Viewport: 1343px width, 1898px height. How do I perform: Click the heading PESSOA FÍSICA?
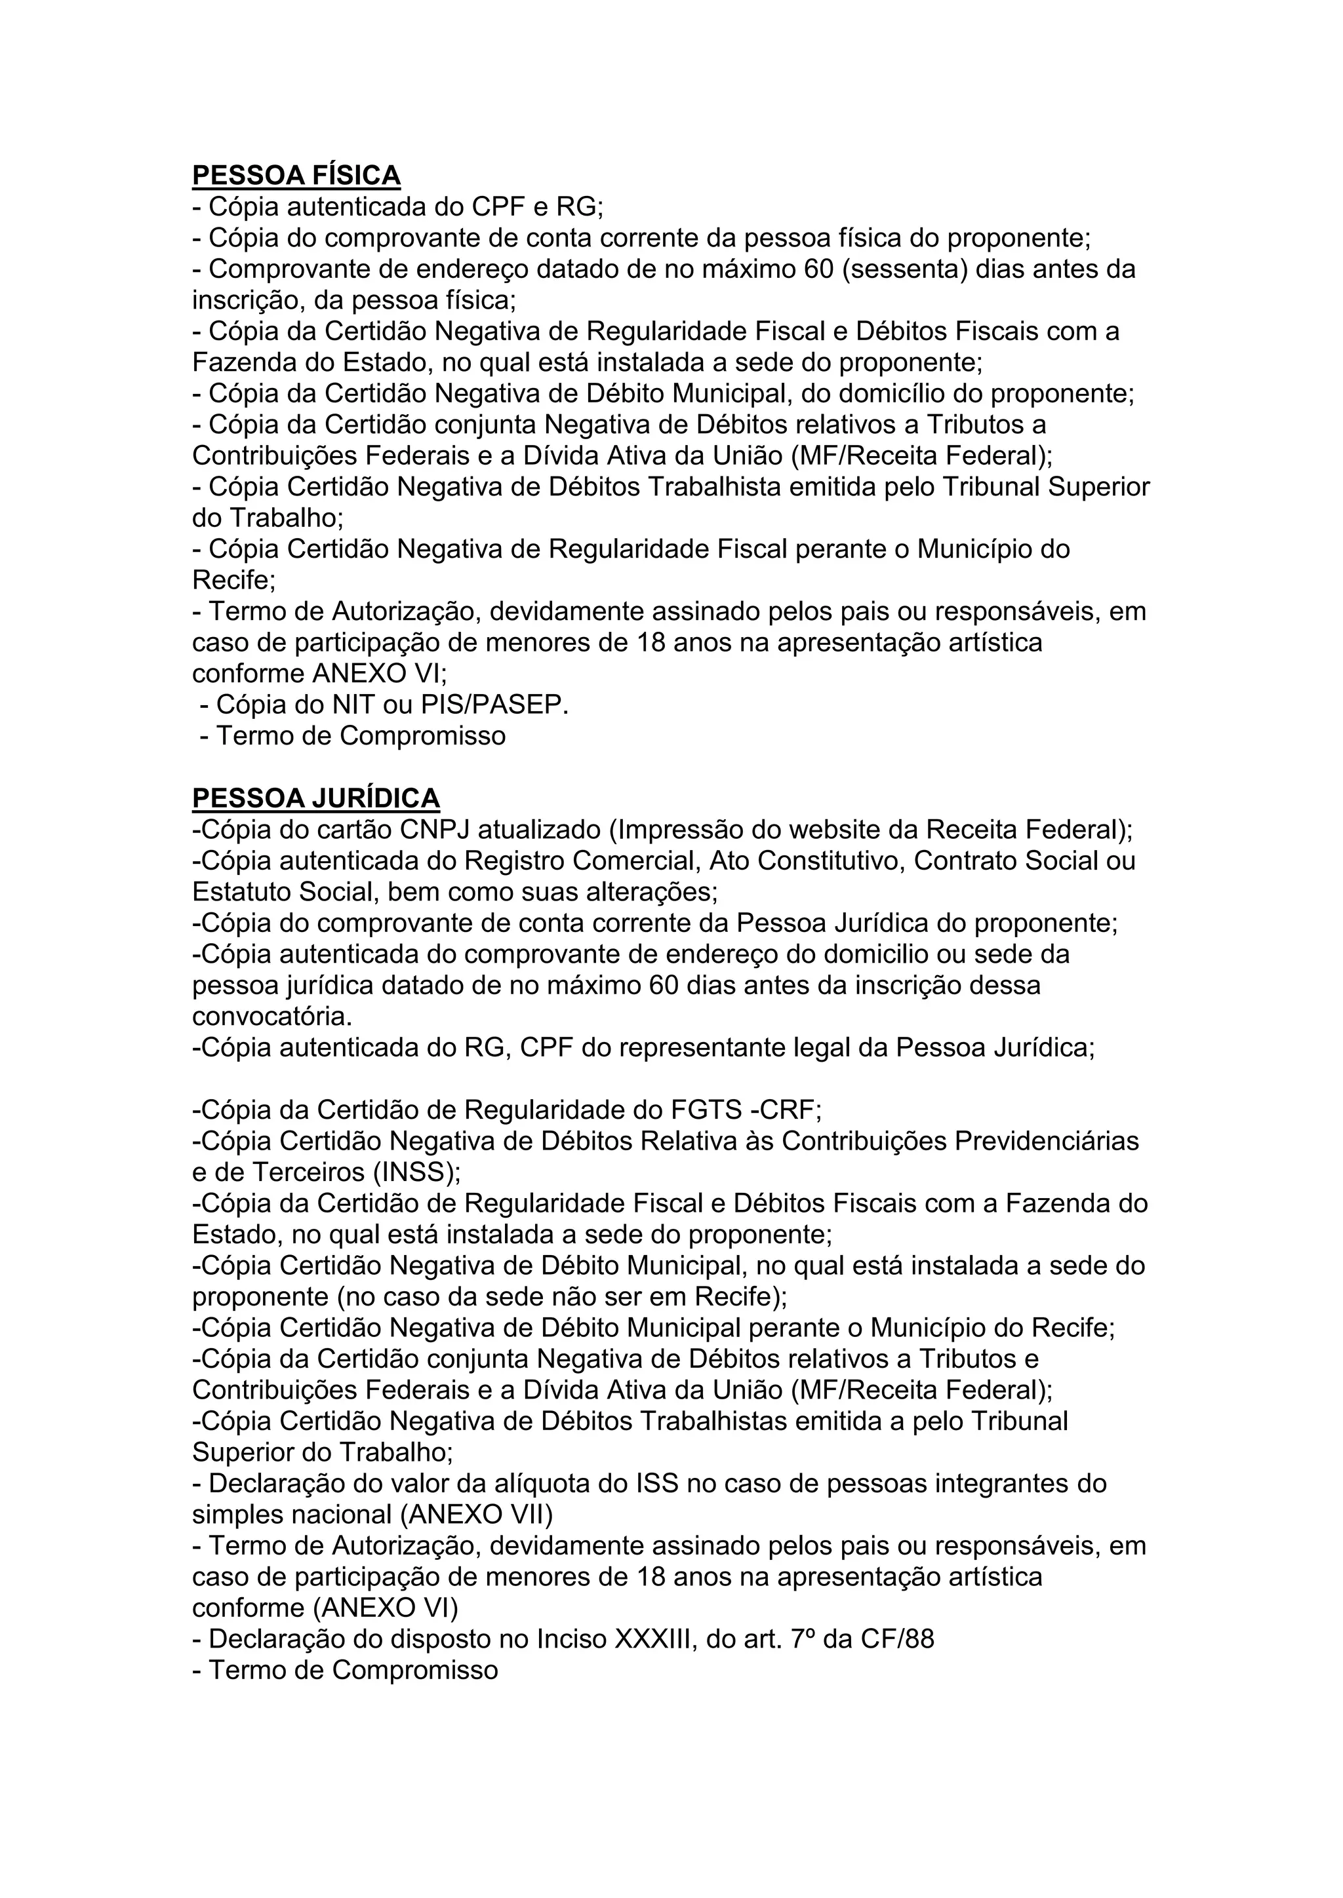[296, 175]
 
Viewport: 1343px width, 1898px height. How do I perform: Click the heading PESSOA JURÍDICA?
[316, 798]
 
